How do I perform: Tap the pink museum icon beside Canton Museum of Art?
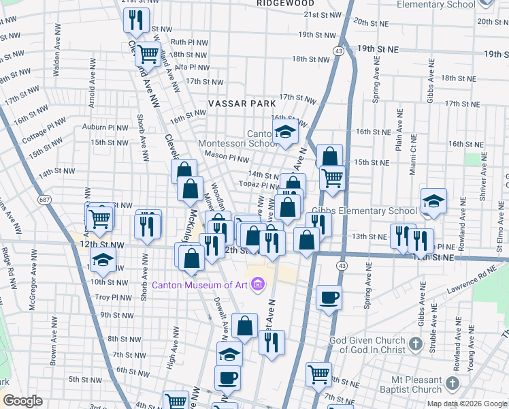[x=257, y=284]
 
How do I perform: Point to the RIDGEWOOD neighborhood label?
[x=286, y=3]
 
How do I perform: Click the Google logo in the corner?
[x=22, y=400]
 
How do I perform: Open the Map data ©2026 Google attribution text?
[x=467, y=404]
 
